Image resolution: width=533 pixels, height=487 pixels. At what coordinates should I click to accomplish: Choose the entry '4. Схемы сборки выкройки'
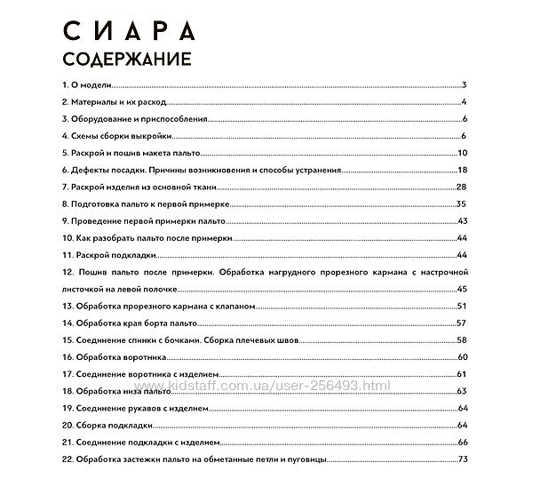coord(115,136)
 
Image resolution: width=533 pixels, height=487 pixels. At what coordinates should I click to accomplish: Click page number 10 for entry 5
coord(462,153)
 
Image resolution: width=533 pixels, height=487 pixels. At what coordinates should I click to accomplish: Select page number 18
coord(462,170)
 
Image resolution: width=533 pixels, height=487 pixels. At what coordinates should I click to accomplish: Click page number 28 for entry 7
coord(461,187)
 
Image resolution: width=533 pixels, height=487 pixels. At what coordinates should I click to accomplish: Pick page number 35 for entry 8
coord(461,204)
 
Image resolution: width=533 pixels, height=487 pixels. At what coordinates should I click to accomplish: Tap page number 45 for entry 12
coord(461,289)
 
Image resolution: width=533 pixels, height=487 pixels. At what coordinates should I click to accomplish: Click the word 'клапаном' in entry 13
coord(235,306)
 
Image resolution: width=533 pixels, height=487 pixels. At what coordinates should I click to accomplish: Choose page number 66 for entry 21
coord(462,442)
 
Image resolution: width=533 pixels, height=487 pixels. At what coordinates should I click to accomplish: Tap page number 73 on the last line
coord(462,459)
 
